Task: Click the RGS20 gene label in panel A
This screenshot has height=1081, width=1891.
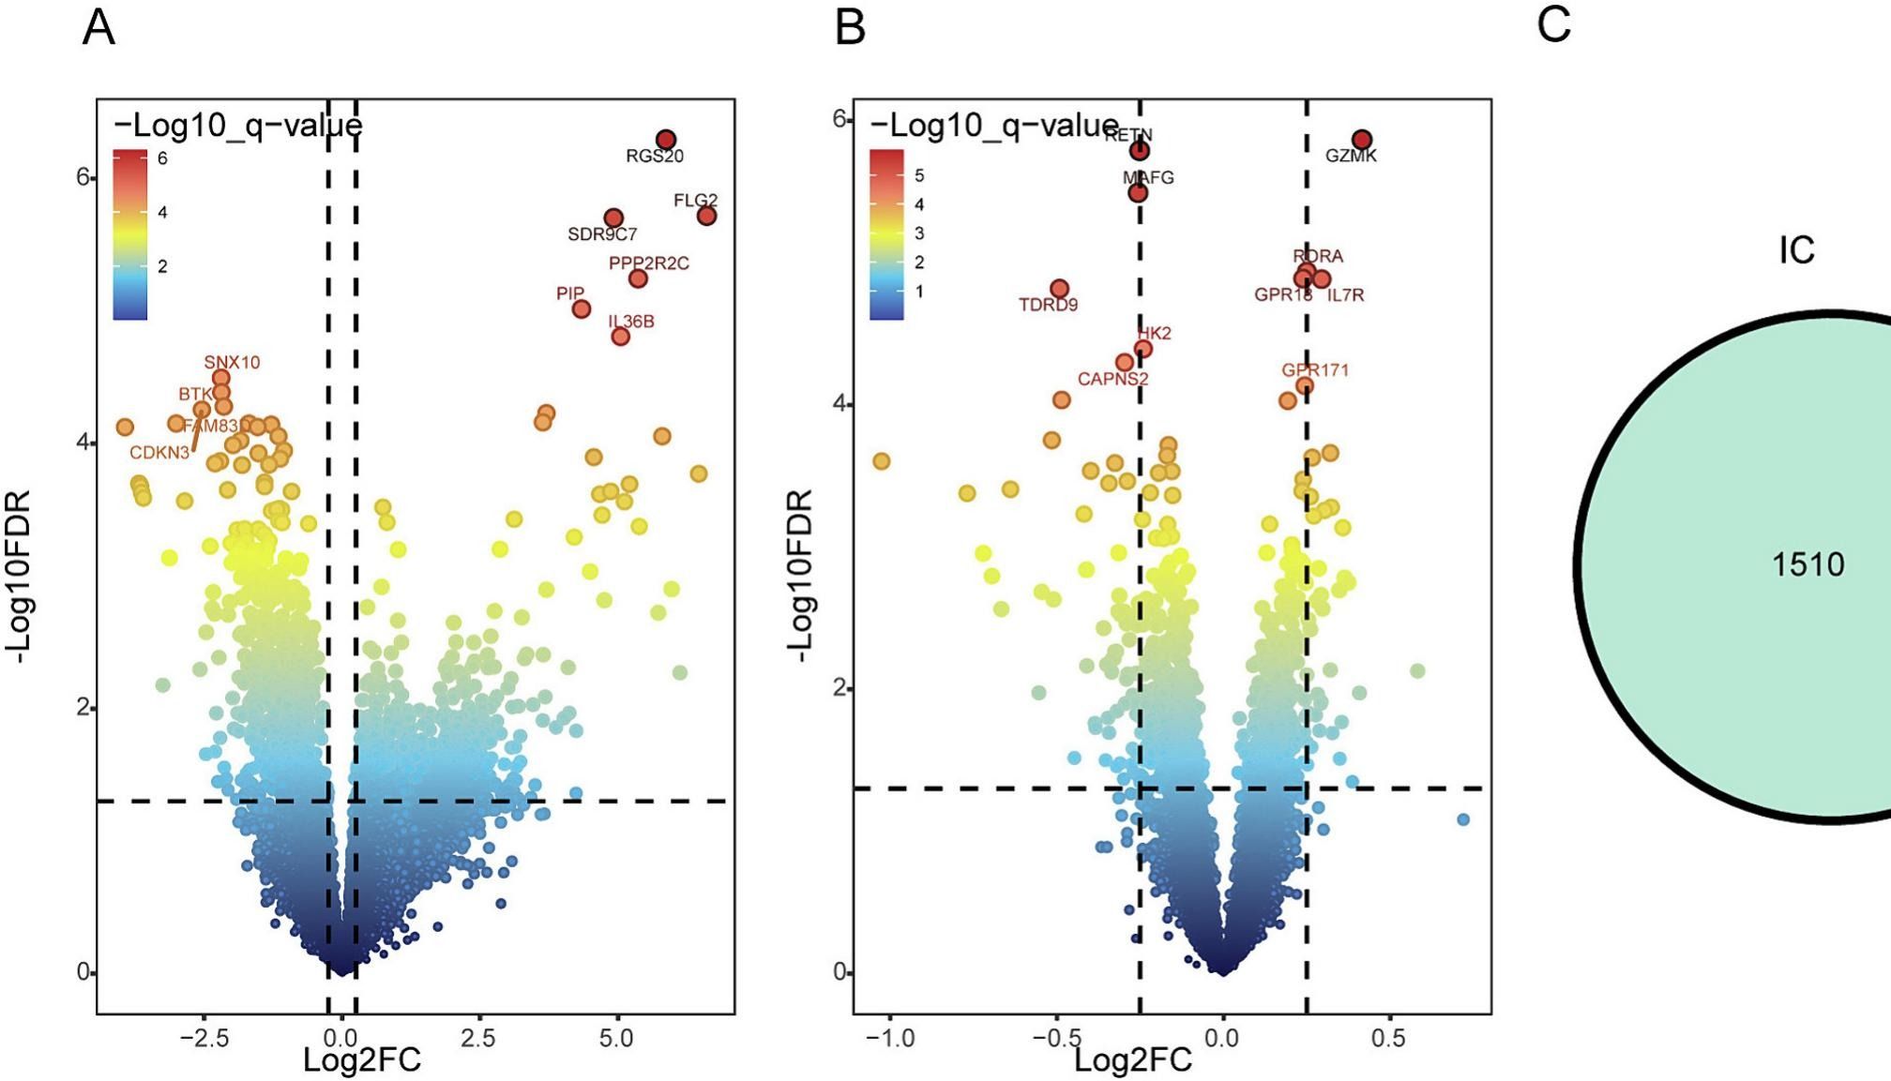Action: [655, 157]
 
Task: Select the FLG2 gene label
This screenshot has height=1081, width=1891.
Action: [695, 201]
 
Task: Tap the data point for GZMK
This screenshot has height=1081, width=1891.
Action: [1362, 140]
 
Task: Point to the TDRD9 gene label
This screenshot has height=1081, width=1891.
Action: [1048, 305]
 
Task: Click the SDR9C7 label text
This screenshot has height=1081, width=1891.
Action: [602, 234]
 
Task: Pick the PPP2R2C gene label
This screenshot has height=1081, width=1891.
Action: [648, 263]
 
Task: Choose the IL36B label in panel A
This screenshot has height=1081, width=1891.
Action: [631, 322]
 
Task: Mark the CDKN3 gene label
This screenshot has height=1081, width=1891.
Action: [159, 453]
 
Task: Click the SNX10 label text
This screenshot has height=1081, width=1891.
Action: [232, 363]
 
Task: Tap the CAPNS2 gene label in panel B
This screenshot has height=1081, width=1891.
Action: [1112, 380]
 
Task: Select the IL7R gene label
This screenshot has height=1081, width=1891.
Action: [1345, 295]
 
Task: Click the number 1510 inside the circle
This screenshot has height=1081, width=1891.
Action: [1808, 564]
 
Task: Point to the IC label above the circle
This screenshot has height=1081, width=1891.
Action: [1796, 250]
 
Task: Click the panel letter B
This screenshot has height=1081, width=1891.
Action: [850, 27]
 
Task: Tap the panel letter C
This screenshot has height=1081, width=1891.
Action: [1553, 25]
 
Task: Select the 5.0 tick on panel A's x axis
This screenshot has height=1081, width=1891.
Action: [616, 1039]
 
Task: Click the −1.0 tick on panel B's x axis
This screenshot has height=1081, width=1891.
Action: [888, 1039]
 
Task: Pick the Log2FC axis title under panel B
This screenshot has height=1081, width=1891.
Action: [1132, 1060]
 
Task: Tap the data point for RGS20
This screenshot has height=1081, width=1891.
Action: [666, 140]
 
